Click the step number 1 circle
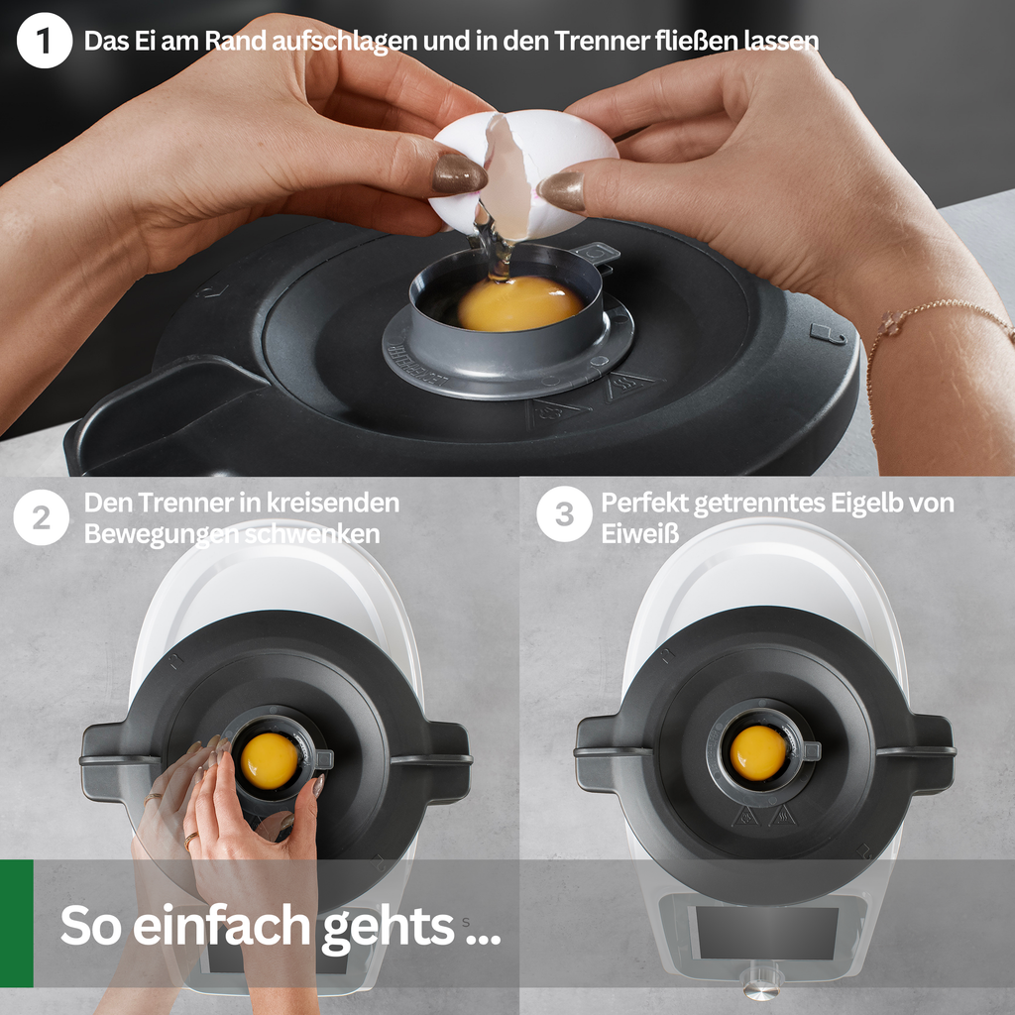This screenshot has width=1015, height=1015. (x=44, y=40)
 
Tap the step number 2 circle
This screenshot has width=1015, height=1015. (x=42, y=517)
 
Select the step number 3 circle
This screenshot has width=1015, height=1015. (x=564, y=514)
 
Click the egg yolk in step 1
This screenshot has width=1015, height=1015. (x=520, y=303)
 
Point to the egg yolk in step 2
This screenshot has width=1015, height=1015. (x=270, y=760)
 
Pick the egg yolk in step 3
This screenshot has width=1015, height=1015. (x=758, y=753)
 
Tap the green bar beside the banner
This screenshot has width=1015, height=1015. (x=16, y=923)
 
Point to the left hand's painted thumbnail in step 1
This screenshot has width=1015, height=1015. (x=459, y=173)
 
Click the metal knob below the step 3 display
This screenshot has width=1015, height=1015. (x=761, y=980)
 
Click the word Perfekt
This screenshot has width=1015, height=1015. (x=642, y=503)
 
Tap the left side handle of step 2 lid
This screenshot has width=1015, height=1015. (x=118, y=761)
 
